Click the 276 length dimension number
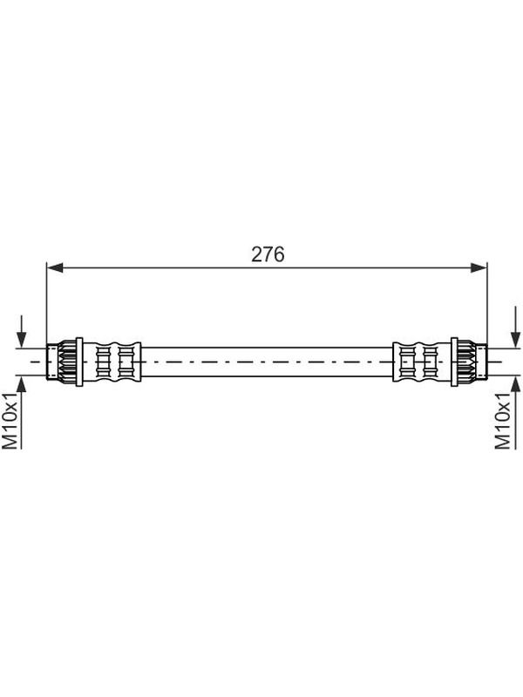click(268, 254)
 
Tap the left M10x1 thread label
click(10, 421)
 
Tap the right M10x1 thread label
click(503, 421)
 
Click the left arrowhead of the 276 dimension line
click(55, 267)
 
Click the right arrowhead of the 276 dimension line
click(479, 267)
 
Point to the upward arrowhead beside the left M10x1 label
click(21, 384)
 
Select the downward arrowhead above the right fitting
click(515, 339)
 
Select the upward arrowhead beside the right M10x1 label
click(515, 384)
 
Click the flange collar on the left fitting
click(79, 362)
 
